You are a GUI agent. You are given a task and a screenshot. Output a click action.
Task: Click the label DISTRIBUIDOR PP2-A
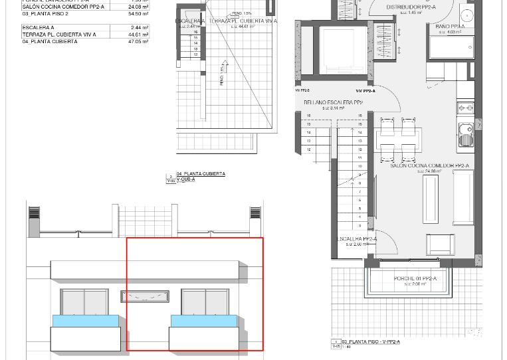click(411, 7)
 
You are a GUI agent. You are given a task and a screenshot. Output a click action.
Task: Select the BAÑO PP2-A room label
click(450, 27)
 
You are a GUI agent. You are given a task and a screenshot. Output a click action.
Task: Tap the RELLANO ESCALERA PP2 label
click(333, 103)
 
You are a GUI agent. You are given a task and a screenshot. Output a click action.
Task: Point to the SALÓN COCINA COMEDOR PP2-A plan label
click(429, 166)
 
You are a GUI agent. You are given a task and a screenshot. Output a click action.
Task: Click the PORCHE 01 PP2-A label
click(415, 279)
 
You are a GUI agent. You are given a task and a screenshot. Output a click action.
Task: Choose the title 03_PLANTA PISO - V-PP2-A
click(371, 342)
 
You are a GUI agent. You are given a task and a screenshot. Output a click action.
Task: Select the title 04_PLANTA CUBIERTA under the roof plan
click(201, 174)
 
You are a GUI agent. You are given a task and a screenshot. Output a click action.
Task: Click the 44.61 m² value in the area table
click(138, 35)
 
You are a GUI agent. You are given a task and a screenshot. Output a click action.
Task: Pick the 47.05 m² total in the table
click(138, 41)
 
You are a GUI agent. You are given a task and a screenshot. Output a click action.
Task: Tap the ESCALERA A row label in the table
click(39, 28)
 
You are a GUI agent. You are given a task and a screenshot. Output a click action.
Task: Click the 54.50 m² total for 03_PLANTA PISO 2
click(138, 13)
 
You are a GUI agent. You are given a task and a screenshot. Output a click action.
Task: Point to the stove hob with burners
click(466, 107)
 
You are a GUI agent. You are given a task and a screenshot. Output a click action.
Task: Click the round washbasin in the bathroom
click(468, 15)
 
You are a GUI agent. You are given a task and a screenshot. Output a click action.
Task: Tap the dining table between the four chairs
click(397, 140)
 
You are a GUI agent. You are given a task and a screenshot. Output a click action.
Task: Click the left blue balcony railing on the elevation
click(86, 321)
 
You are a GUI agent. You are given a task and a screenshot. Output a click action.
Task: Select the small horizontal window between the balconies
click(144, 296)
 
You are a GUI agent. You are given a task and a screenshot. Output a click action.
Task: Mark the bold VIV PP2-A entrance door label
click(365, 91)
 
